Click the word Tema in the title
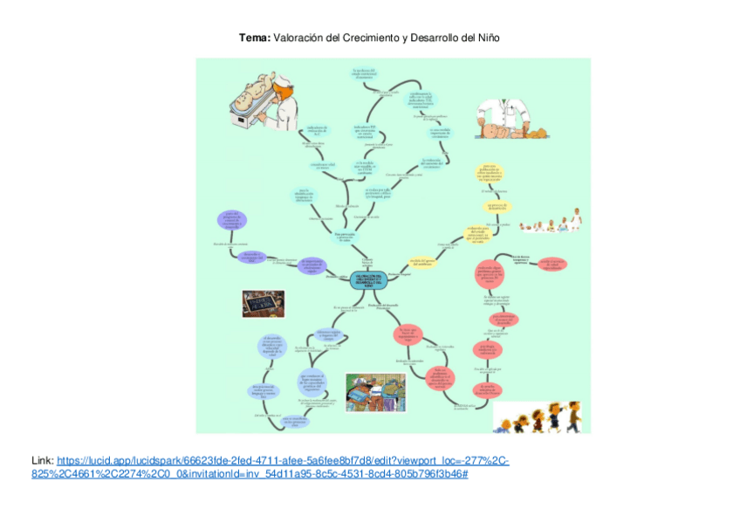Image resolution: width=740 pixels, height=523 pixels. click(255, 38)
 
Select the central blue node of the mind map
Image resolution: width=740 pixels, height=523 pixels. click(370, 280)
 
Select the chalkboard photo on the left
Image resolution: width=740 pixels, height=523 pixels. click(263, 302)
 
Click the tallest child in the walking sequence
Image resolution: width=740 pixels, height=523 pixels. click(572, 411)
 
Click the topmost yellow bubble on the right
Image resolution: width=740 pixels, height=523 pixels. click(496, 172)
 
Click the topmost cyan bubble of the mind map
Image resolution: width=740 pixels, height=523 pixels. click(363, 74)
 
